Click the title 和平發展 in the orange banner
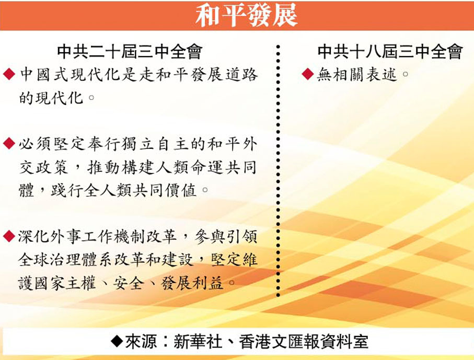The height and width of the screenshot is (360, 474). [246, 15]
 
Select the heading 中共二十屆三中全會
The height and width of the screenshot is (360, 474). [130, 52]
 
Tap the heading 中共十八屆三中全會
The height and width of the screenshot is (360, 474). [390, 52]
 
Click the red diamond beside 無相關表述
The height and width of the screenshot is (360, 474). [308, 74]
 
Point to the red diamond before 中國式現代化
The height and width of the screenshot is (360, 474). [9, 74]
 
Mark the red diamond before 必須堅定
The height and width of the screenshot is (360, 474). [9, 143]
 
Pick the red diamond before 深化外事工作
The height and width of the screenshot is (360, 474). [9, 236]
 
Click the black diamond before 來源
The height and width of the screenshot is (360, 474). [117, 341]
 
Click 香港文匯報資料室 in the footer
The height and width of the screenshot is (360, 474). [304, 341]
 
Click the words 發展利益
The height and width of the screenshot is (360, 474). [192, 283]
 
